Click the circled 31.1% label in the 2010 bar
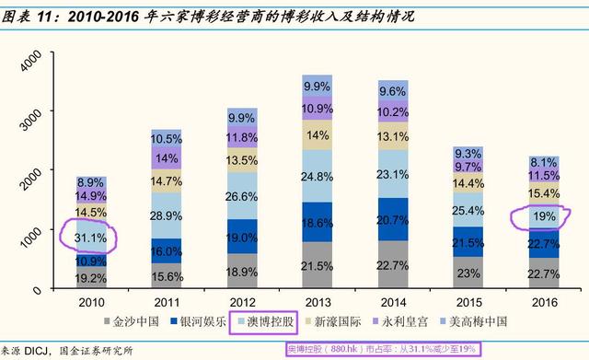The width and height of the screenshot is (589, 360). click(x=90, y=238)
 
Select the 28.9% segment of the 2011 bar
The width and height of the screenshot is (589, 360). click(x=165, y=215)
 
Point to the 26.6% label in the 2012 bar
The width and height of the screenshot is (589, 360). click(x=241, y=196)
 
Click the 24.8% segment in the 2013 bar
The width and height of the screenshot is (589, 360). click(x=317, y=177)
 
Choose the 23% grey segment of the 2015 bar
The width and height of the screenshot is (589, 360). click(x=467, y=273)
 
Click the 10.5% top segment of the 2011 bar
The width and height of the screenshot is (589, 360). click(x=165, y=139)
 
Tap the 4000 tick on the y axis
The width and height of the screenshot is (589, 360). click(x=34, y=58)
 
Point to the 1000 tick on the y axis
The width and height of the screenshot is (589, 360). click(x=34, y=231)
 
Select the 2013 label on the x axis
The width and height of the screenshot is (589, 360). click(x=317, y=300)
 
